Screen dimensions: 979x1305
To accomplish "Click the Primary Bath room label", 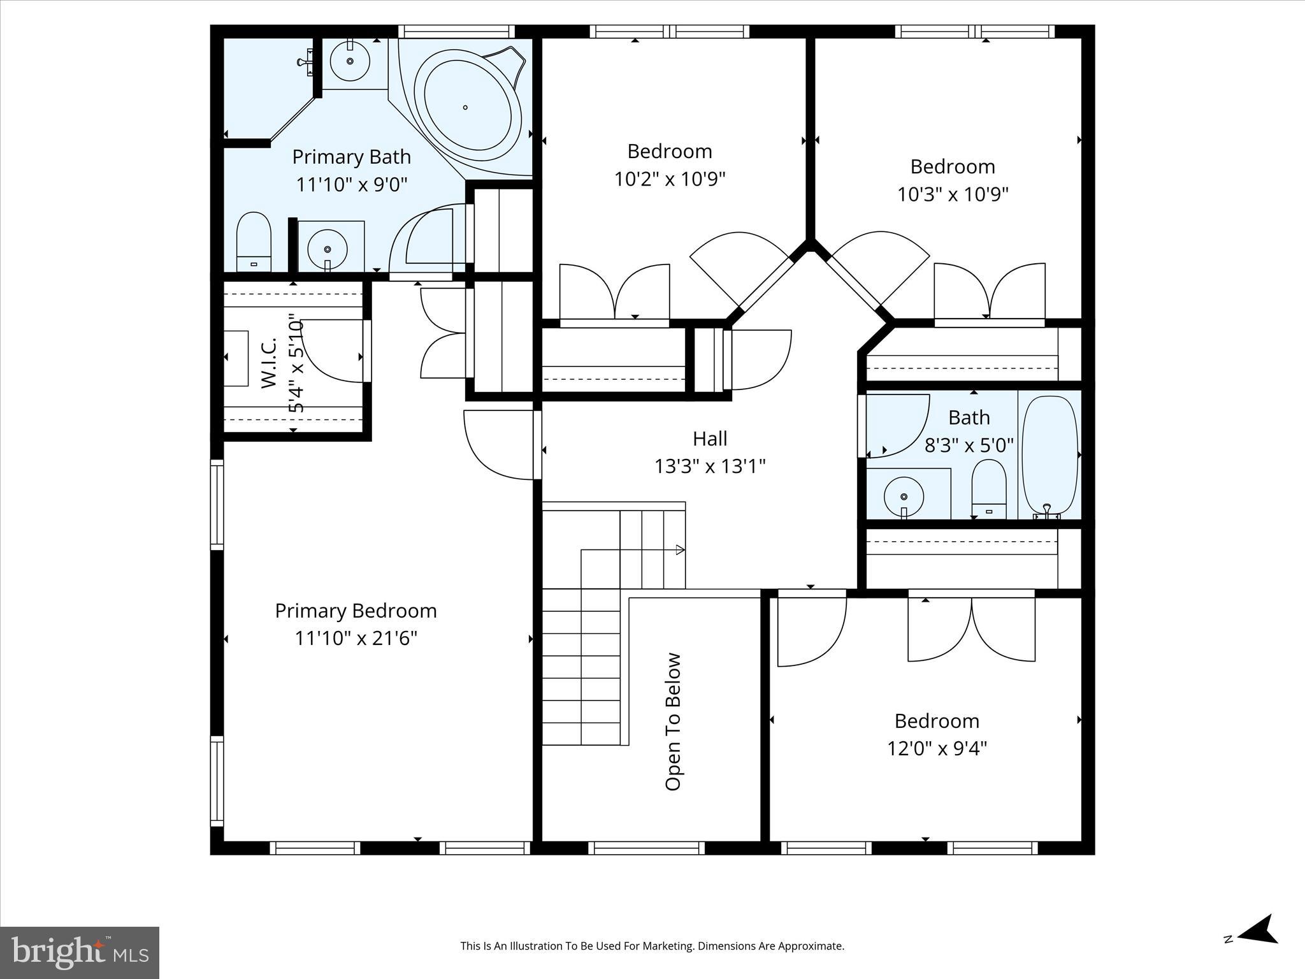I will [351, 157].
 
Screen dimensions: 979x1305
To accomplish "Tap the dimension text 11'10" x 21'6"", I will [356, 638].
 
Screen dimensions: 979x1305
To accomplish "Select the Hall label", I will [710, 439].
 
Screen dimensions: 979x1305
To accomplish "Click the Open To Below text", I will [674, 722].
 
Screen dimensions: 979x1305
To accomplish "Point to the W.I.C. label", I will [269, 363].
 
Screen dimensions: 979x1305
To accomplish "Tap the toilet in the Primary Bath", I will [254, 242].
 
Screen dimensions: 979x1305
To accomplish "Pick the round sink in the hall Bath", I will [904, 497].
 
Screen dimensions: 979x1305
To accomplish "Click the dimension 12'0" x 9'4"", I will [937, 748].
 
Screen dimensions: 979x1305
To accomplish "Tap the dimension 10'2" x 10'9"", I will [670, 179].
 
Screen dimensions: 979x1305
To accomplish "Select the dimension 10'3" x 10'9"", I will [953, 194].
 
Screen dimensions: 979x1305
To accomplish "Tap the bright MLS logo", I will [80, 952].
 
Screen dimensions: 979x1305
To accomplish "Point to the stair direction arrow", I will [680, 549].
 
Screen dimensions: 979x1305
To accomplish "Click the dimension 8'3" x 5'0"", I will [969, 445].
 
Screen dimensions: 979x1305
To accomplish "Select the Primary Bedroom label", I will [356, 611].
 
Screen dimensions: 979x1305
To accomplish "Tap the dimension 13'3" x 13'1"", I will [710, 467].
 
